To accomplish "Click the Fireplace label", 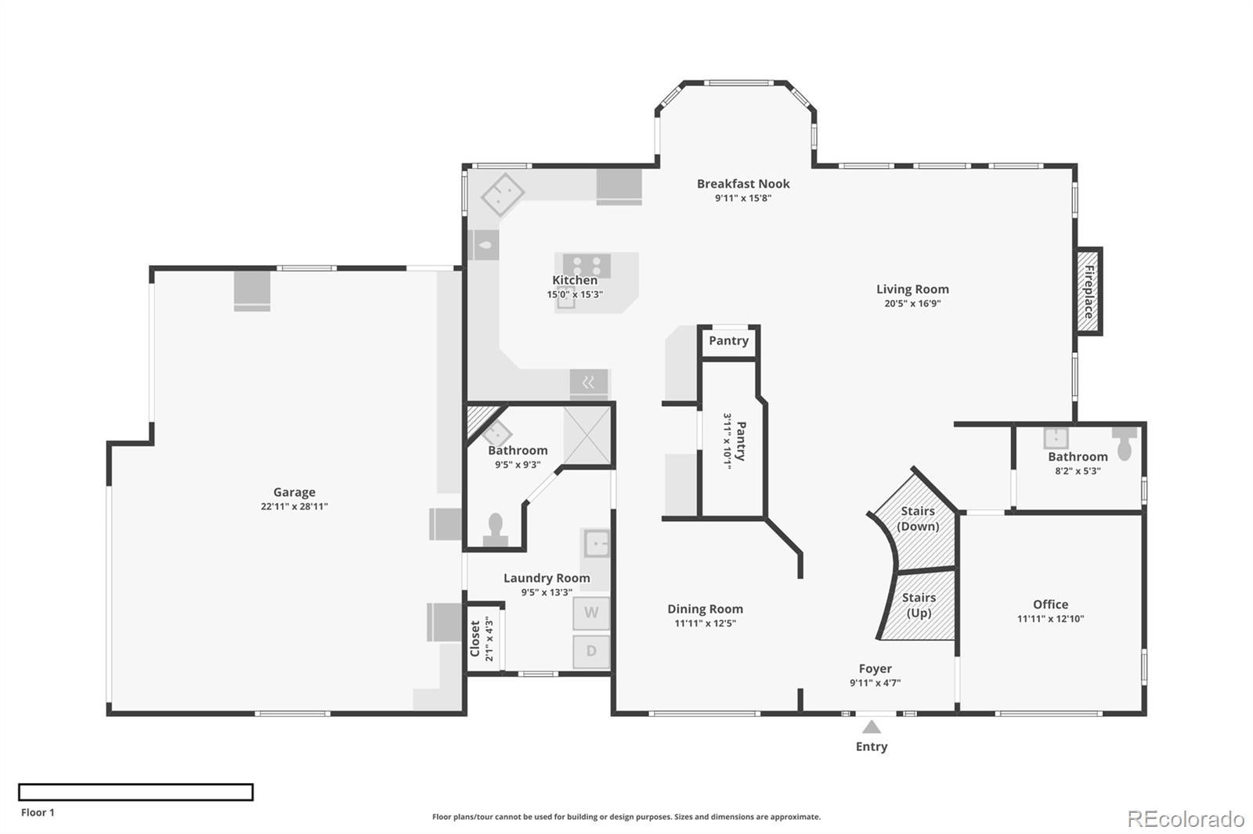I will (x=1089, y=291).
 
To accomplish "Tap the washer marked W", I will (x=591, y=613).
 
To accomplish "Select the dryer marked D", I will (x=591, y=651).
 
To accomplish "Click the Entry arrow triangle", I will (x=872, y=728).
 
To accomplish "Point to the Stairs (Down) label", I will (x=918, y=518).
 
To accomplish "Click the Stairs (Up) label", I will (x=919, y=605).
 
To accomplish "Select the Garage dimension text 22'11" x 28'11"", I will (x=294, y=506).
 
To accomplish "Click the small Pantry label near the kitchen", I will (x=728, y=340).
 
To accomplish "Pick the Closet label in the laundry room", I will (x=475, y=638).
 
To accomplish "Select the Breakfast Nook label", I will (x=743, y=184).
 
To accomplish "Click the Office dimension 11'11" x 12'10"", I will (x=1050, y=618).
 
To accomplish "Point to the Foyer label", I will (x=875, y=668).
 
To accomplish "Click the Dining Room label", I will (x=705, y=609).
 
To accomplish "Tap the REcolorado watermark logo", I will (x=1185, y=819).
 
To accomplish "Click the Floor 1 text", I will (x=38, y=812).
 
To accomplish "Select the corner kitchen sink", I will (x=502, y=195).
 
